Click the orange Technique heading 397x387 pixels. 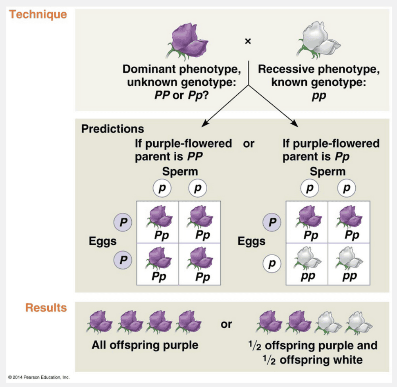38,15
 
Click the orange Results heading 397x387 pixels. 46,308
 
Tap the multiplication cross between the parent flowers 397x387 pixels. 248,41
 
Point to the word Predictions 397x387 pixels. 113,129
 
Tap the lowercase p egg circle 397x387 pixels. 272,263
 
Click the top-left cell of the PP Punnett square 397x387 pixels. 158,221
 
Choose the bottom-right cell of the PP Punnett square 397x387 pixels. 200,264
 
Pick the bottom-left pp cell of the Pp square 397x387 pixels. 307,264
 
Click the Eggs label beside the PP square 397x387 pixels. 102,241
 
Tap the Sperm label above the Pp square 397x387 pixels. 328,172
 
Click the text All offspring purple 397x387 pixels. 145,345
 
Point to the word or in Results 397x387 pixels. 226,324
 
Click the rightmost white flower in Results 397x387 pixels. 358,322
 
